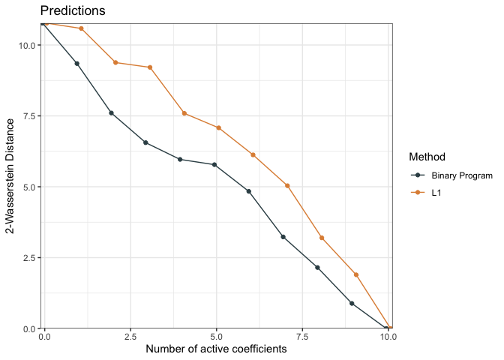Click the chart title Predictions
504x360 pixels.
(72, 11)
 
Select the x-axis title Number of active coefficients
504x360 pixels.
(217, 349)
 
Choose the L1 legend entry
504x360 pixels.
(436, 193)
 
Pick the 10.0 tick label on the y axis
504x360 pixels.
(25, 45)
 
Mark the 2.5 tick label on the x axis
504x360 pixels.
(130, 337)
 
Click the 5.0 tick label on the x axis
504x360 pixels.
(217, 337)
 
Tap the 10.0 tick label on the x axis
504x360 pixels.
(388, 337)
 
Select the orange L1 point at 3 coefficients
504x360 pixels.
(150, 67)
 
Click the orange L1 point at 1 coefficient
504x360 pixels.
(81, 28)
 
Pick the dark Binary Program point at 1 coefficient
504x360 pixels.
(76, 64)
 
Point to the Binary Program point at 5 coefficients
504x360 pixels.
(214, 165)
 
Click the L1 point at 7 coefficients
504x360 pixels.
(287, 185)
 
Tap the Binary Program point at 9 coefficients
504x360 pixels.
(352, 303)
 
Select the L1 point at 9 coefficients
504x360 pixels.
(356, 274)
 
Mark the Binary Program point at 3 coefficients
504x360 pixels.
(145, 142)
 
